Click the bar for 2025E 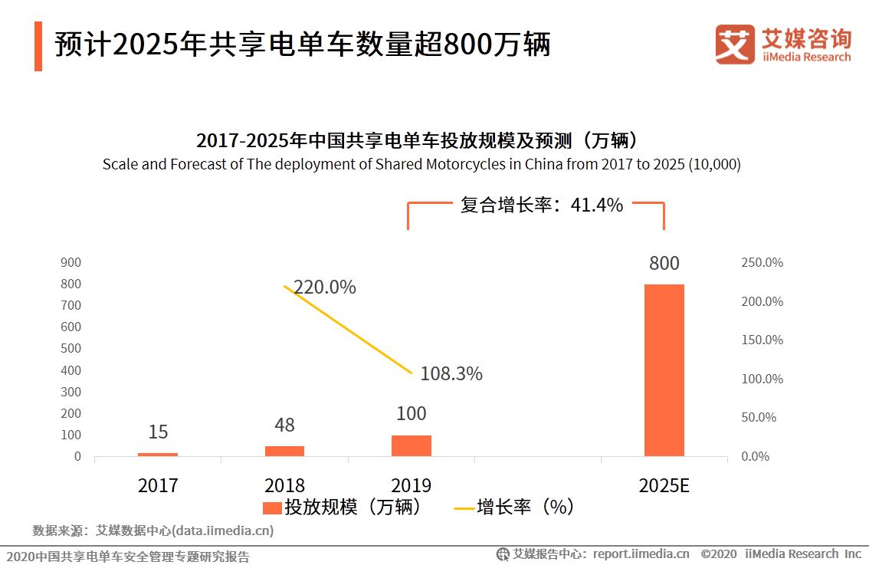point(664,370)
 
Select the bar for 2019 point(412,445)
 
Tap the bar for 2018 point(284,451)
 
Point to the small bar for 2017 point(158,455)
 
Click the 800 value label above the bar point(664,264)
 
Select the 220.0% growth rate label point(325,287)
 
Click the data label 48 point(284,425)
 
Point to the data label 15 point(158,432)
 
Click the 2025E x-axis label point(664,486)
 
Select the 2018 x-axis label point(284,486)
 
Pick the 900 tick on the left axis point(71,262)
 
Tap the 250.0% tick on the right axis point(762,262)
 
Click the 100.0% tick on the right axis point(762,379)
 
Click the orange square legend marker point(271,508)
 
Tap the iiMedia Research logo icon point(735,44)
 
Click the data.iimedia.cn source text point(222,531)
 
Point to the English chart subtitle point(421,164)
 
